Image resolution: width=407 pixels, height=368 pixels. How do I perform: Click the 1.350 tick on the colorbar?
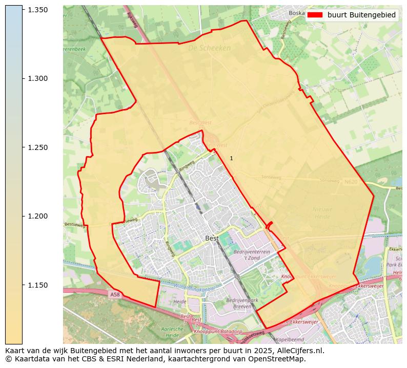tap(37, 10)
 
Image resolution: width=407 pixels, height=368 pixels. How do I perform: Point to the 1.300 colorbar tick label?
tap(37, 78)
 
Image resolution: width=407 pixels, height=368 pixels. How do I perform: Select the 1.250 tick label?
tap(37, 147)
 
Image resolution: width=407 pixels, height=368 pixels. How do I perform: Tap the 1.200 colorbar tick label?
tap(37, 216)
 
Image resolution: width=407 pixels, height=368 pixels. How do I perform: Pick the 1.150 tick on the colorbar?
tap(37, 285)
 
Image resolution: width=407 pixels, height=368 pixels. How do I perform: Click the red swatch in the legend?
tap(315, 15)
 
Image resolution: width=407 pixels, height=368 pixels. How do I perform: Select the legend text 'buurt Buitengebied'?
tap(361, 15)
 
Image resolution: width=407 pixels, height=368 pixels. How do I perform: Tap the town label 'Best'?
tap(212, 239)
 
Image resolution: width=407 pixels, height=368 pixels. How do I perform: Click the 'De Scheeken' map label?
tap(209, 48)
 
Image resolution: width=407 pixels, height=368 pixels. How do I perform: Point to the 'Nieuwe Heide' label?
tap(322, 213)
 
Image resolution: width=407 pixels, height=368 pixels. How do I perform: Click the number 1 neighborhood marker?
tap(231, 159)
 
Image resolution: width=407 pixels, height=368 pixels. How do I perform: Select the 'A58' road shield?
tap(114, 294)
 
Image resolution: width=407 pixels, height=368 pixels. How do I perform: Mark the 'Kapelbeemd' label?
tap(290, 339)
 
